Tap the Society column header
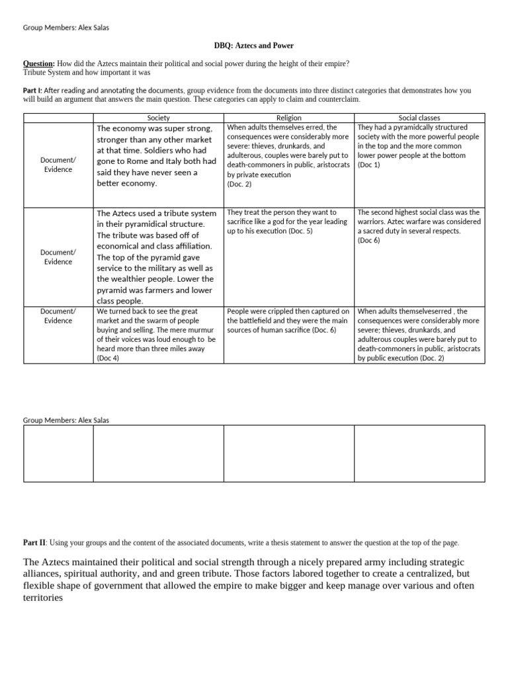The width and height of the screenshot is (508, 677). tap(159, 118)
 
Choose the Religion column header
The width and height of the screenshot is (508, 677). tap(288, 118)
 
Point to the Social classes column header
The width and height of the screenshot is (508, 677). tap(420, 118)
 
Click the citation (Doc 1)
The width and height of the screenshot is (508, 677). tap(369, 165)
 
